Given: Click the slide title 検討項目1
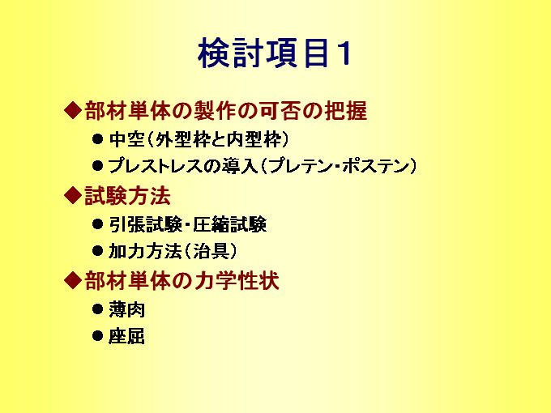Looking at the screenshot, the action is (x=275, y=53).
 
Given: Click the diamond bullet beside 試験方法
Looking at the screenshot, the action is (x=73, y=195).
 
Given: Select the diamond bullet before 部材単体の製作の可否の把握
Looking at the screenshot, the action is (x=73, y=110).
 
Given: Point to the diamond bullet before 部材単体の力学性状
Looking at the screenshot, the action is (x=73, y=280).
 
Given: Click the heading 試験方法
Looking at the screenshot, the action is (x=127, y=196).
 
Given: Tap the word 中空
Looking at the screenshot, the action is (x=127, y=139).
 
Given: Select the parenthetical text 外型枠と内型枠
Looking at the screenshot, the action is (x=218, y=139).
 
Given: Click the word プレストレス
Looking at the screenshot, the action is (x=156, y=166).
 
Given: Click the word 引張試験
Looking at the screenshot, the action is (x=145, y=224).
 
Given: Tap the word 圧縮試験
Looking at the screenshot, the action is (x=230, y=224).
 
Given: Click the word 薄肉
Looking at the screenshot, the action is (x=127, y=309).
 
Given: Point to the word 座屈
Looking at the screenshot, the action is (x=127, y=336).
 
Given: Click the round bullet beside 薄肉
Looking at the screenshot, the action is (x=97, y=309).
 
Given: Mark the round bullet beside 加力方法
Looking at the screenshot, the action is (x=97, y=251).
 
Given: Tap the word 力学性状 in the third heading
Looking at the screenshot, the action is (x=236, y=281).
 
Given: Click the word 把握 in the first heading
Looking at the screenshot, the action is (x=346, y=111).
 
